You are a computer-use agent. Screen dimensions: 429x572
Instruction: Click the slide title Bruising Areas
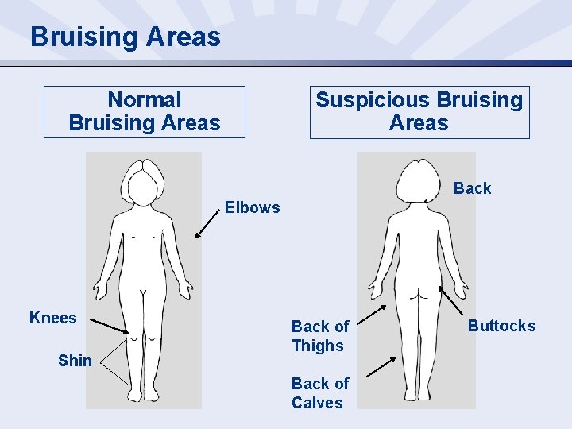tap(126, 37)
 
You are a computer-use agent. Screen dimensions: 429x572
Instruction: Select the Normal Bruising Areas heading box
tap(145, 112)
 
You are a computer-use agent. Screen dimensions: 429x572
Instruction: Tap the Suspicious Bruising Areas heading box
tap(419, 112)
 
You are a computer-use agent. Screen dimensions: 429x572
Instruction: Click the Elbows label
tap(252, 207)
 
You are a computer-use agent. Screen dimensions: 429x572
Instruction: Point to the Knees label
tap(52, 319)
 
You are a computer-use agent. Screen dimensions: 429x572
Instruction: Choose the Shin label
tap(75, 361)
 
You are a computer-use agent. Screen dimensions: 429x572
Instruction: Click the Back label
tap(472, 188)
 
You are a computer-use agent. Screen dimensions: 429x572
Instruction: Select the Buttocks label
tap(501, 326)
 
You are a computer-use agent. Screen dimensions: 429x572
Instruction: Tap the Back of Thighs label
tap(319, 336)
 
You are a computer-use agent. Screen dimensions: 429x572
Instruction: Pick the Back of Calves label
tap(319, 393)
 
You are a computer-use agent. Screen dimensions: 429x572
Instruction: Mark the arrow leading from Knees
tap(108, 326)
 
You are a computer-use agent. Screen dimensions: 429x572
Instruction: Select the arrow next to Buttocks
tap(452, 301)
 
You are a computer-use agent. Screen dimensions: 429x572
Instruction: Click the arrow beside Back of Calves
tap(380, 366)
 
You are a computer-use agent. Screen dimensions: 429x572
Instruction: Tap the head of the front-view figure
tap(145, 180)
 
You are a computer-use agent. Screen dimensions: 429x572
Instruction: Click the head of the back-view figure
tap(419, 180)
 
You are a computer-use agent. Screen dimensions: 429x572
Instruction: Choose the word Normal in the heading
tap(145, 100)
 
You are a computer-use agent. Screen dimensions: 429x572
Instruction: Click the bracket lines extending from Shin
tap(112, 361)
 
